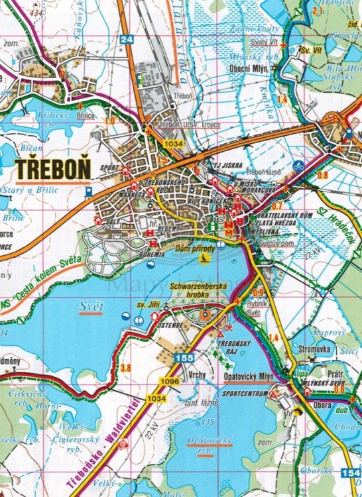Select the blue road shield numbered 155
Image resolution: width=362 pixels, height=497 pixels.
pyautogui.click(x=184, y=359)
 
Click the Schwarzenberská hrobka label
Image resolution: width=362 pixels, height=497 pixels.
pyautogui.click(x=198, y=289)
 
